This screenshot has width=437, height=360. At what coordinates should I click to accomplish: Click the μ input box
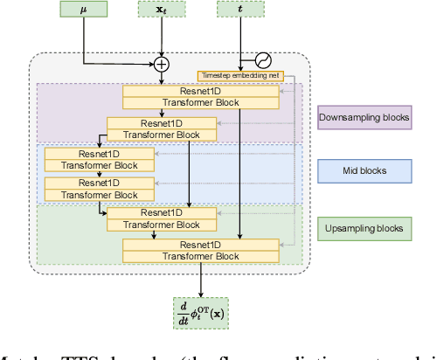coord(83,10)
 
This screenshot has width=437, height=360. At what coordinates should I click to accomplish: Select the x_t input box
coord(161,10)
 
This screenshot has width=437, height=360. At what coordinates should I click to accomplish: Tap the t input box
coord(239,10)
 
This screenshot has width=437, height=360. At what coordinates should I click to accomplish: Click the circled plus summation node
coord(162,63)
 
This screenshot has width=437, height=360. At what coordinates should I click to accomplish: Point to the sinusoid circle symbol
coord(261,61)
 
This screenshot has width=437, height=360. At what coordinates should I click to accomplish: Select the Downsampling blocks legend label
coord(363,117)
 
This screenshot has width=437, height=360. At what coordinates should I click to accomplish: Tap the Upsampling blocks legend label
coord(363,228)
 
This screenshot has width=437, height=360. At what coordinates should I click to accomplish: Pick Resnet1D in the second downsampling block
coord(152,123)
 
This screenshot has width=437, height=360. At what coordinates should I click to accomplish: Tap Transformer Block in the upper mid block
coord(98,164)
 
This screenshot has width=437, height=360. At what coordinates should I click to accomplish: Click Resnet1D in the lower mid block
coord(98,183)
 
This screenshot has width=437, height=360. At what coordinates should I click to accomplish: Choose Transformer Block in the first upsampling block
coord(152,225)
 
